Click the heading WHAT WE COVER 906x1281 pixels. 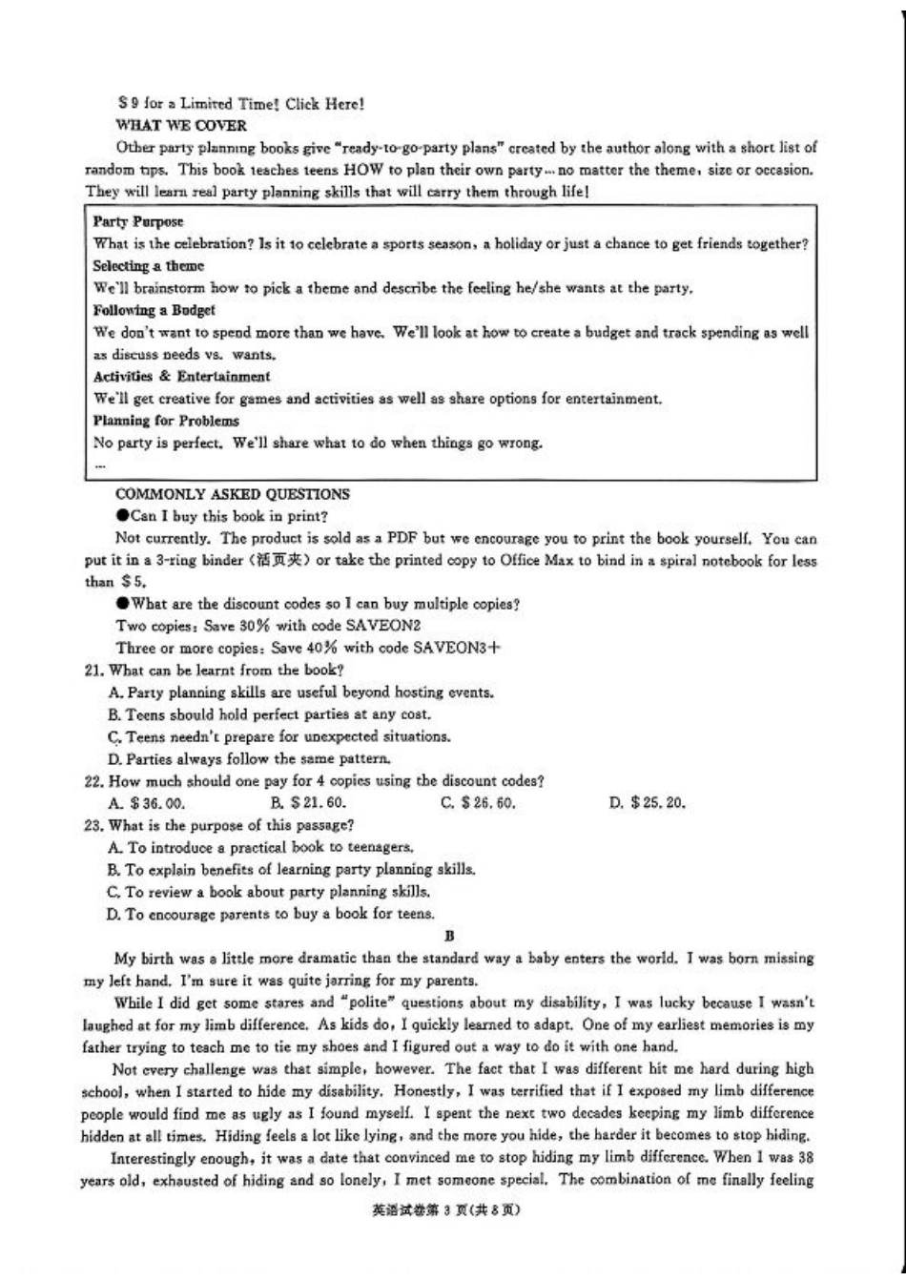tap(180, 125)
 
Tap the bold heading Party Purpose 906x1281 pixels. tap(138, 221)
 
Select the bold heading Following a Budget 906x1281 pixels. tap(154, 310)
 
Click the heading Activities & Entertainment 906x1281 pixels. tap(181, 377)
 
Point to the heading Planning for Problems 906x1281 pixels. tap(166, 421)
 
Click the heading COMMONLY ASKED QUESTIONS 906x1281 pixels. tap(232, 494)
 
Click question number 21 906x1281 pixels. tap(94, 670)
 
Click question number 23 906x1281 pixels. tap(94, 825)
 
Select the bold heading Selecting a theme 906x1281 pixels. tap(148, 266)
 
